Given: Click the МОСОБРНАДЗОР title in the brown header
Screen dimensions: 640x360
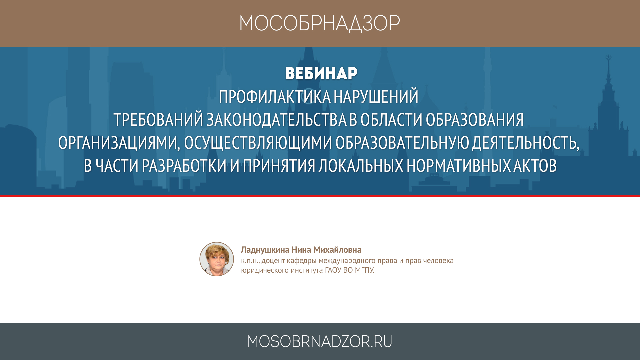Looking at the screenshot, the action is tap(320, 24).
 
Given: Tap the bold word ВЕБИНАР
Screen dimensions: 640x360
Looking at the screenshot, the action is tap(321, 73).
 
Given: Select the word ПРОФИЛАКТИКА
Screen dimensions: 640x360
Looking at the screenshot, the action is tap(275, 97).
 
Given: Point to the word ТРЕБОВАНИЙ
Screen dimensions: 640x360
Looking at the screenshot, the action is tap(158, 119).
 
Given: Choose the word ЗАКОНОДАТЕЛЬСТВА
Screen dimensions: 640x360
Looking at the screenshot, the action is tap(277, 120).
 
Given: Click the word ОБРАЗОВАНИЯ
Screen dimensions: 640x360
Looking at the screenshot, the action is tap(475, 120).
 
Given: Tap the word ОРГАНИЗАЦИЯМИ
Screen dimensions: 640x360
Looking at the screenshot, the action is tap(119, 143).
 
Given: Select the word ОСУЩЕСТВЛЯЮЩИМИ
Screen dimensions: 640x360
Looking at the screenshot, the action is tap(258, 143).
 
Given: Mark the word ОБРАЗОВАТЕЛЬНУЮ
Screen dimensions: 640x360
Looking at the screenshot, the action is tap(402, 143).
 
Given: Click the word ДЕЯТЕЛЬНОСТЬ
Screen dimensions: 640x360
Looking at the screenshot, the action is tap(524, 143).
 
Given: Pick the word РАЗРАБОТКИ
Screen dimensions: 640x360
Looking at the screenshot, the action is tap(184, 166).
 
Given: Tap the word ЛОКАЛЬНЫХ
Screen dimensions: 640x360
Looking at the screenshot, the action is tap(361, 166).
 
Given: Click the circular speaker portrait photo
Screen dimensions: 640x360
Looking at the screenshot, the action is tap(217, 259).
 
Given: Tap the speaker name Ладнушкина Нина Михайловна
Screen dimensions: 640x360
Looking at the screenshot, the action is tap(301, 250).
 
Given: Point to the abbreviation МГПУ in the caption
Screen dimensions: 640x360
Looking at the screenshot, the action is tap(364, 270).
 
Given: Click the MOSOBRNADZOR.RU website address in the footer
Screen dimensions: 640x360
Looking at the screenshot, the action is tap(320, 342).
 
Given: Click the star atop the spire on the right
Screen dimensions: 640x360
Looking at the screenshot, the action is tap(608, 57).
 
